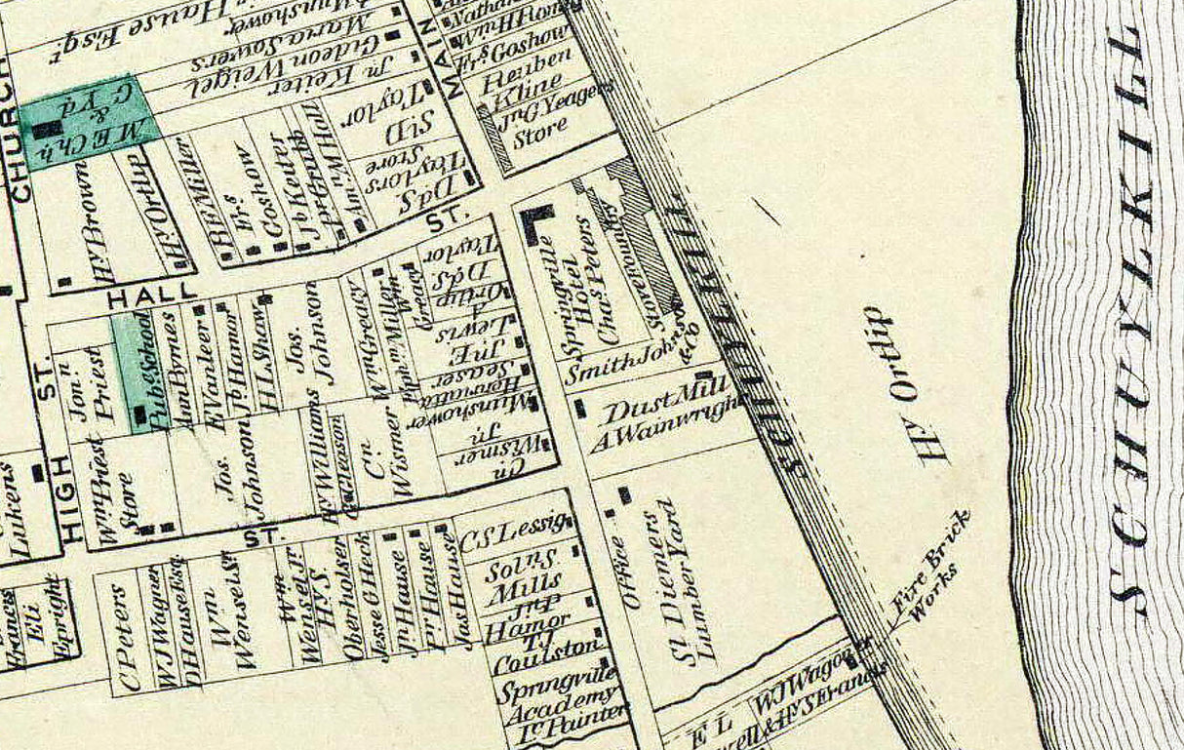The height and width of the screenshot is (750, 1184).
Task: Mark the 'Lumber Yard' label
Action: click(x=692, y=585)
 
